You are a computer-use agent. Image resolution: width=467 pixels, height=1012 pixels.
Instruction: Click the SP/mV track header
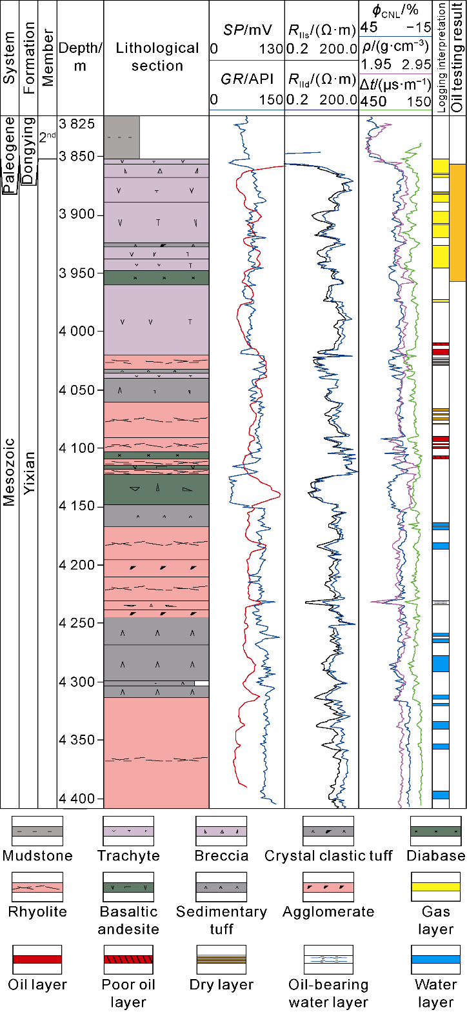248,30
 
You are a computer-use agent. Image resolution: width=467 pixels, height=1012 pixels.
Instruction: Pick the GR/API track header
248,80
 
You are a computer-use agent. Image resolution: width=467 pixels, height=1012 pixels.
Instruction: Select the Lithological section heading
157,57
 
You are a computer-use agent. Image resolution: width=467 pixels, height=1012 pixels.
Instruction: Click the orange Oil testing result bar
457,223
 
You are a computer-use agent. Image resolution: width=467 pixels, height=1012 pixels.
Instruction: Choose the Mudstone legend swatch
37,832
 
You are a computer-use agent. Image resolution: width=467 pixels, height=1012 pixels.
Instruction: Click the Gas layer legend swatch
436,888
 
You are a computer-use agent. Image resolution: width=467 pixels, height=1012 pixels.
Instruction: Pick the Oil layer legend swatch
37,960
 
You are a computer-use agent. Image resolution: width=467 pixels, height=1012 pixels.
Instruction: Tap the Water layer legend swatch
436,960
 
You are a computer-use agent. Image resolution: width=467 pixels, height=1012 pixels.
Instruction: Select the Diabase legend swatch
436,832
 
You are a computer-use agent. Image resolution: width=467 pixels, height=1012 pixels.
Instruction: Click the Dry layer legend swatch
221,960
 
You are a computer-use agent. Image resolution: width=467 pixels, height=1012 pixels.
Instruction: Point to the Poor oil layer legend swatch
128,960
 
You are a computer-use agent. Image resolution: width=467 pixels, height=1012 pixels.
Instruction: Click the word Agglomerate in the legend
328,912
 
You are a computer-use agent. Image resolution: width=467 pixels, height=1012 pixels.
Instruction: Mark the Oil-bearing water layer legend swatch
328,960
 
